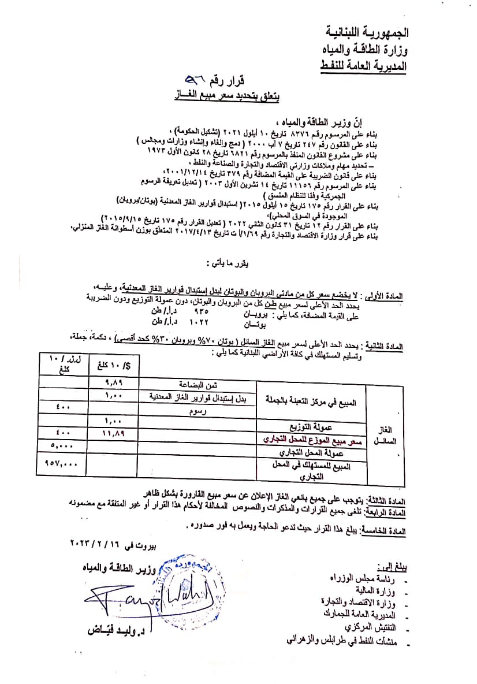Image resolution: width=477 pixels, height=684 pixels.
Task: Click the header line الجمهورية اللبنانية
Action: click(364, 30)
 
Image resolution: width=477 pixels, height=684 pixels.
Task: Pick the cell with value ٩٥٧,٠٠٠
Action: click(61, 463)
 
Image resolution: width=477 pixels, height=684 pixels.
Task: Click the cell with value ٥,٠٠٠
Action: click(59, 445)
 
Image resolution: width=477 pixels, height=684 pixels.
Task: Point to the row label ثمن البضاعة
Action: click(199, 384)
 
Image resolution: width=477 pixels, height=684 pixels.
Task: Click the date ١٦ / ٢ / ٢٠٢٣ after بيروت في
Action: click(94, 544)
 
